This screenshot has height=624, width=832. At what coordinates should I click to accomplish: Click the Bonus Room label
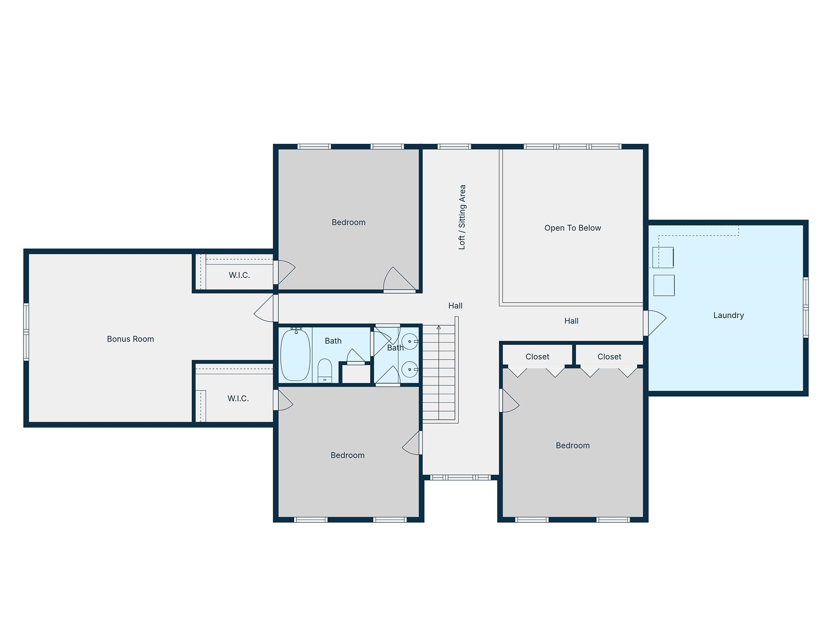130,339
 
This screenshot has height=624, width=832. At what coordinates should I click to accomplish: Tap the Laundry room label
728,315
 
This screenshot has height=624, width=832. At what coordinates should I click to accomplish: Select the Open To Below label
572,228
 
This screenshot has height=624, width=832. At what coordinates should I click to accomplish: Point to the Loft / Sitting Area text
462,217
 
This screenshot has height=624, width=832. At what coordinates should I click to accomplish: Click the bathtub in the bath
295,355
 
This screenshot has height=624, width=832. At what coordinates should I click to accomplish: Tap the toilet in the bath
325,370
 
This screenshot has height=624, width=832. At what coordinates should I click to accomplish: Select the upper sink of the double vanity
410,341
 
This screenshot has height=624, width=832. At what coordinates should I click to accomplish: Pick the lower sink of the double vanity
410,369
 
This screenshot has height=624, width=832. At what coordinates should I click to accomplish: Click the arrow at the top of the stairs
439,327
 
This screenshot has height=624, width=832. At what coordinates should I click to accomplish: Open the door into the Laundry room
655,323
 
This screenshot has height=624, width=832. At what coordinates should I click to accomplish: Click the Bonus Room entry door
266,308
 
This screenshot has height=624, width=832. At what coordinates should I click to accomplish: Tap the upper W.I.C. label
239,275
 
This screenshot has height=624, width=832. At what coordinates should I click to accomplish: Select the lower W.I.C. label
238,399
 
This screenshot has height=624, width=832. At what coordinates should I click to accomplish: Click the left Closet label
537,357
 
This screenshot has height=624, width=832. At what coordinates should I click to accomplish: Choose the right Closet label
609,357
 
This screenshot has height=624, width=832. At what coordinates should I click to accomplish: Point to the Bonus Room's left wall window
26,331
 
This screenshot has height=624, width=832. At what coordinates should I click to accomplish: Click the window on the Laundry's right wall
806,308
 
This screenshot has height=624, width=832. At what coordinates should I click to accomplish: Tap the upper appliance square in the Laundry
663,258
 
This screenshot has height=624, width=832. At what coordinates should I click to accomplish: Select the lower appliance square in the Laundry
664,285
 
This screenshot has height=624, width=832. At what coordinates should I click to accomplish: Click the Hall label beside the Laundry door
571,321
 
